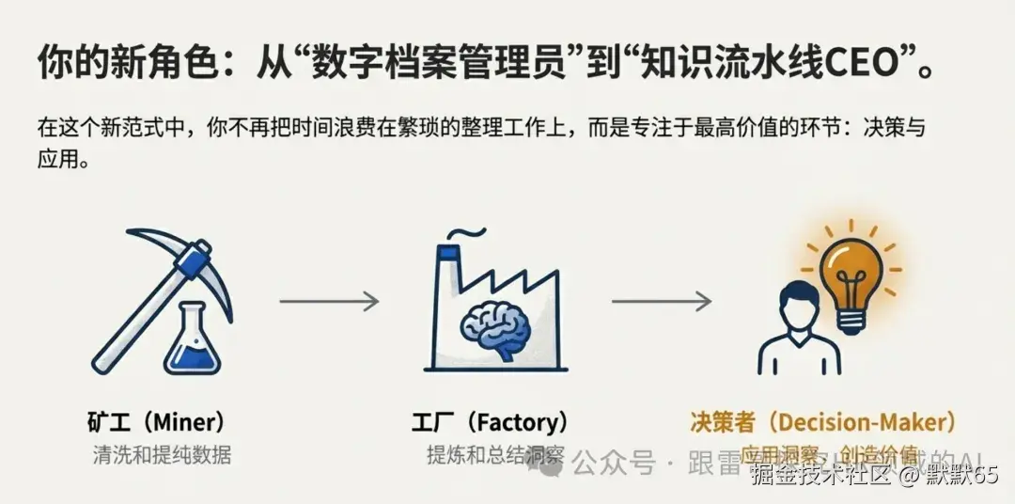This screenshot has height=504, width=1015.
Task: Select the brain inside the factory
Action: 496,324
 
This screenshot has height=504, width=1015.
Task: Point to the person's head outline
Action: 798,305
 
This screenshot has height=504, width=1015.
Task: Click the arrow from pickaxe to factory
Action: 329,301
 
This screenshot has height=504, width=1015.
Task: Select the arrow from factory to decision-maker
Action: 661,301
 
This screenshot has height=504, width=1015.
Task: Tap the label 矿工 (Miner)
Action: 155,421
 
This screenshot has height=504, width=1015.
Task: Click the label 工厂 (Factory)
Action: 490,421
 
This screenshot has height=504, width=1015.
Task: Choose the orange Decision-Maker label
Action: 822,421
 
